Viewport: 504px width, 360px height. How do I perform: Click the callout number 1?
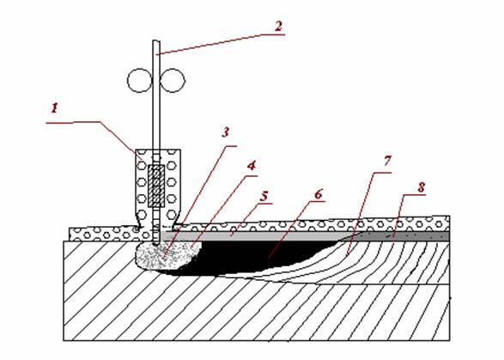click(x=55, y=108)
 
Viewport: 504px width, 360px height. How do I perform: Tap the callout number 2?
click(x=279, y=26)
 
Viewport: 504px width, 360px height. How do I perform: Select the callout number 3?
click(x=226, y=132)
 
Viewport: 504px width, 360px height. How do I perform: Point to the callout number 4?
click(x=252, y=166)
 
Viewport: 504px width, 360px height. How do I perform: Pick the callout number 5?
click(x=264, y=197)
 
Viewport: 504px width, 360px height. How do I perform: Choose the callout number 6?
click(x=318, y=195)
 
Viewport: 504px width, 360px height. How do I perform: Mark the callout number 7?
click(x=387, y=161)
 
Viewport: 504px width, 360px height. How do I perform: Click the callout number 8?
click(x=422, y=187)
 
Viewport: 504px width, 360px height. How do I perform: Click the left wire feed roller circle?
click(x=139, y=81)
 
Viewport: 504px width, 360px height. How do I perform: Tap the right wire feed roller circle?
click(x=173, y=81)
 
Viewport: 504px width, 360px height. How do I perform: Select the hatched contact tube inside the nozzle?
click(x=156, y=186)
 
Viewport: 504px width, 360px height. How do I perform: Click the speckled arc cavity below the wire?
click(x=167, y=255)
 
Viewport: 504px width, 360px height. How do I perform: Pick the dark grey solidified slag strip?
click(x=402, y=236)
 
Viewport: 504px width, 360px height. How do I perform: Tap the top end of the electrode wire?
click(x=156, y=40)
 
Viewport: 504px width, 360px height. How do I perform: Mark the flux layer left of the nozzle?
click(x=103, y=235)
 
